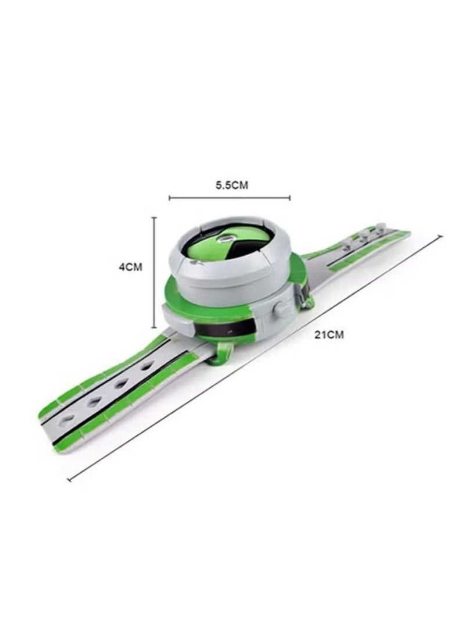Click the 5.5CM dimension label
(x=231, y=185)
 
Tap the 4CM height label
(x=130, y=267)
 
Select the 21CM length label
(x=330, y=334)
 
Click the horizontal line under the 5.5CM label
(x=230, y=198)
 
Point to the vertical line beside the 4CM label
(x=154, y=272)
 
